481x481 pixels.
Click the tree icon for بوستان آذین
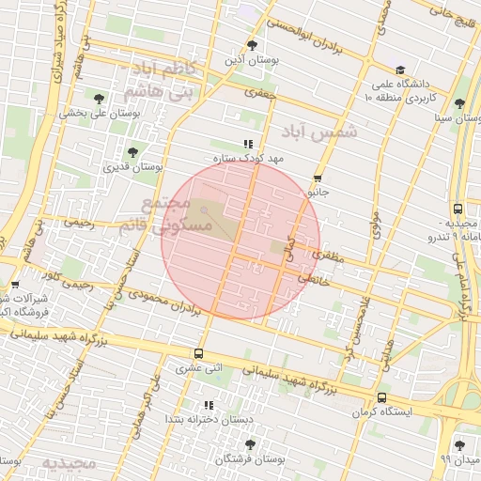[251, 44]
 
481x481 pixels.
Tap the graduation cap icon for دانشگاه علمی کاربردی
[400, 70]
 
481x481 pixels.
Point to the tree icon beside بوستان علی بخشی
[100, 97]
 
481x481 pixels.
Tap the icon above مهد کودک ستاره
[248, 144]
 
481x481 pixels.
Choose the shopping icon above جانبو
[318, 178]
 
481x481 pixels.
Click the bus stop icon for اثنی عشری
[198, 354]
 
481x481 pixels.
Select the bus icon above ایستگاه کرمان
[381, 398]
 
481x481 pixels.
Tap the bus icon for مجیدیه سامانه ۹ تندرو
[458, 209]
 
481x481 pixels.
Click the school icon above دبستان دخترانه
[209, 405]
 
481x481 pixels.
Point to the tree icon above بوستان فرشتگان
[249, 443]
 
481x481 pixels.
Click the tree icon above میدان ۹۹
[458, 445]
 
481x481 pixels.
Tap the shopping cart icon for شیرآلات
[14, 285]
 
